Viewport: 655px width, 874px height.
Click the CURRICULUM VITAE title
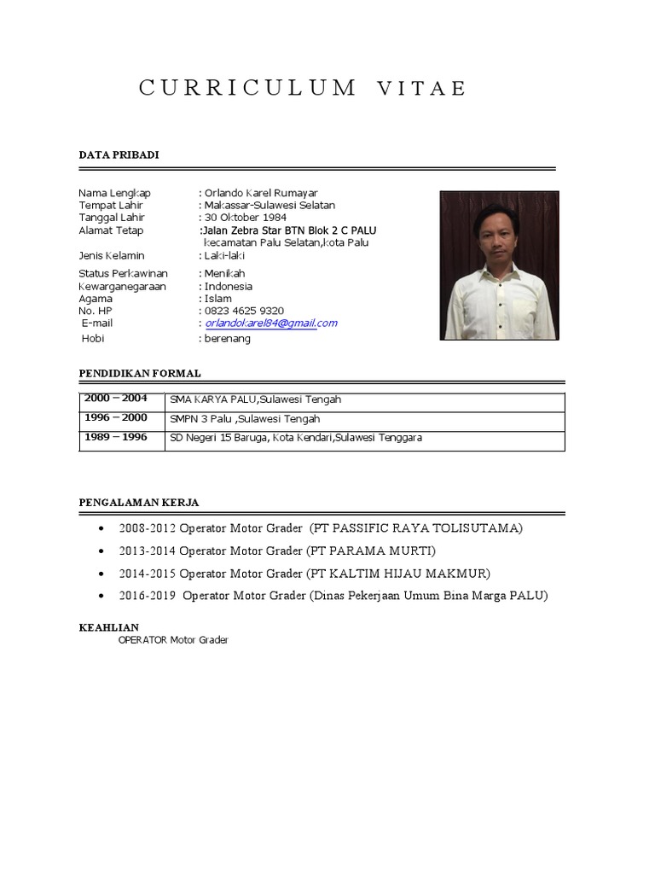tap(303, 89)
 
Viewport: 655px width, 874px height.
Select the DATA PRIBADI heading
tap(119, 154)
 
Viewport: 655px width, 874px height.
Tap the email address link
tap(271, 323)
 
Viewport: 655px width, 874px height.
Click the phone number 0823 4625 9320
tap(244, 311)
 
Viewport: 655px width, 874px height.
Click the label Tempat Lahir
tap(111, 206)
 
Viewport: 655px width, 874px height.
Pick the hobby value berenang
tap(228, 339)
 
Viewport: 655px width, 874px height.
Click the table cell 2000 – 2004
tap(115, 399)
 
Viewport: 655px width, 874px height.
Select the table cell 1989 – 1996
tap(115, 437)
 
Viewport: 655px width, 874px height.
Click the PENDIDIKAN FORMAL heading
tap(140, 373)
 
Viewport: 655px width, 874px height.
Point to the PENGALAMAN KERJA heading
tap(139, 503)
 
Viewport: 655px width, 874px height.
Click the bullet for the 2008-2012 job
tap(102, 529)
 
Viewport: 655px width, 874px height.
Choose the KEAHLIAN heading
tap(108, 627)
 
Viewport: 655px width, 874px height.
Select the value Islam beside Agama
tap(217, 299)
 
